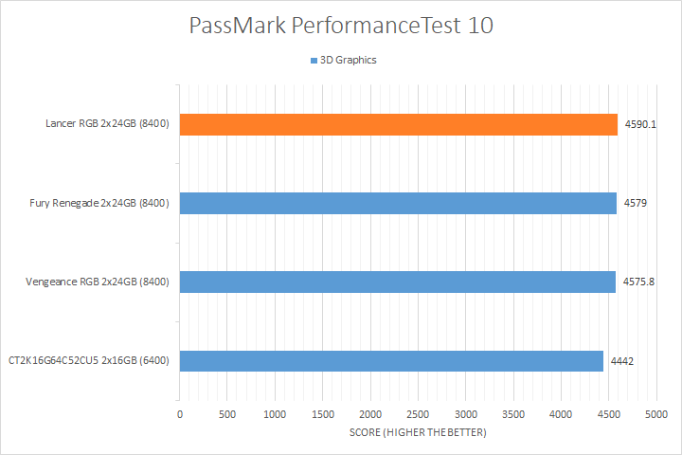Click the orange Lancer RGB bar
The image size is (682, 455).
(x=398, y=124)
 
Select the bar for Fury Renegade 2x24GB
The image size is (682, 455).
(x=398, y=203)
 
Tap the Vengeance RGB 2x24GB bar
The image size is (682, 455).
(x=398, y=282)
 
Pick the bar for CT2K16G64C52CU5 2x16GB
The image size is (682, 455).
(x=391, y=361)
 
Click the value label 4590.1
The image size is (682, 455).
(x=640, y=124)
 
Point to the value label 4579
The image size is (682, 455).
(x=635, y=203)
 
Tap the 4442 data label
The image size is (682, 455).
(x=622, y=361)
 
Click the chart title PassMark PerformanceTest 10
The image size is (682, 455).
(x=340, y=26)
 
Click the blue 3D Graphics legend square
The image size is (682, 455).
(x=314, y=61)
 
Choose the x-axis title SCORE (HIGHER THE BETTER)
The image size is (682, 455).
(x=417, y=433)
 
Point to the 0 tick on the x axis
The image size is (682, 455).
(x=180, y=414)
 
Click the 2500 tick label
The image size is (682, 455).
(x=418, y=414)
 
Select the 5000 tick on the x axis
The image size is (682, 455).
(x=656, y=414)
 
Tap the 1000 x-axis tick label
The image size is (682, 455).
(x=275, y=414)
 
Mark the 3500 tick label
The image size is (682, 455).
(x=513, y=414)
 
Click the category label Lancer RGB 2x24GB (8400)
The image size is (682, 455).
(x=107, y=124)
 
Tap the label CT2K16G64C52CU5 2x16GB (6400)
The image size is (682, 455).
(x=89, y=361)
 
